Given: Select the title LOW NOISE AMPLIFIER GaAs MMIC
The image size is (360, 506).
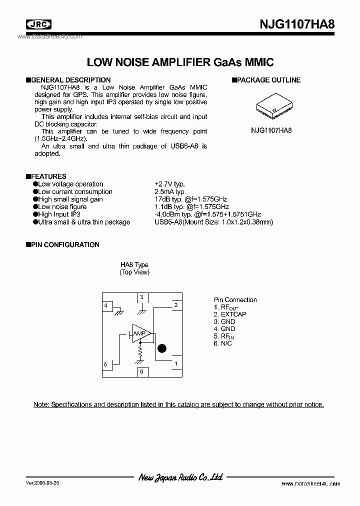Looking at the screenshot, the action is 180,62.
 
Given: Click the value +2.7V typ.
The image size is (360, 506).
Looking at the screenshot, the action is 170,184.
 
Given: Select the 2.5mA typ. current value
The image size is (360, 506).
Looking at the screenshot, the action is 170,191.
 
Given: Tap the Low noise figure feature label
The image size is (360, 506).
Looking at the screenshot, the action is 62,206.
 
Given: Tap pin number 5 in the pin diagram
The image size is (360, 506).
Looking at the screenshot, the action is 105,364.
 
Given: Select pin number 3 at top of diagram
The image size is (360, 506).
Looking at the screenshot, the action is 141,297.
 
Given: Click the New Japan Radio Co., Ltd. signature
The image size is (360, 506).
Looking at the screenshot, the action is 180,477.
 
